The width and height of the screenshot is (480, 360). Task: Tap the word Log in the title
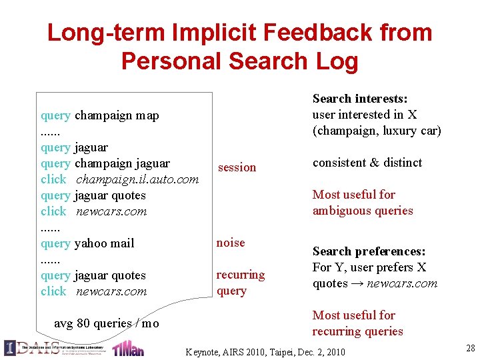pyautogui.click(x=336, y=61)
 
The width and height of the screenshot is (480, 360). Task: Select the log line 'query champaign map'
pyautogui.click(x=100, y=115)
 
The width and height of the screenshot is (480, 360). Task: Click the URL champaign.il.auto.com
pyautogui.click(x=137, y=179)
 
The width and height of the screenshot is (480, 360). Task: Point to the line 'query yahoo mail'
pyautogui.click(x=87, y=243)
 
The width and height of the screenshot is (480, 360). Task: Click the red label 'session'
pyautogui.click(x=237, y=167)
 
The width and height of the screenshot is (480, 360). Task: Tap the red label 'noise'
pyautogui.click(x=231, y=243)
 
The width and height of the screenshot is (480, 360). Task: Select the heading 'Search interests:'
pyautogui.click(x=360, y=99)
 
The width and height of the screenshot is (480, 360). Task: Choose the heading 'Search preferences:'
pyautogui.click(x=369, y=251)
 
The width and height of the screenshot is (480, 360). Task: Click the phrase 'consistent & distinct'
pyautogui.click(x=367, y=163)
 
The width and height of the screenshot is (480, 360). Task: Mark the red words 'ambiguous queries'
pyautogui.click(x=363, y=211)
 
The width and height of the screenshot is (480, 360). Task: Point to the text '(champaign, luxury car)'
pyautogui.click(x=377, y=131)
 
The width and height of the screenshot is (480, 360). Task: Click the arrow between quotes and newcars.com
pyautogui.click(x=357, y=283)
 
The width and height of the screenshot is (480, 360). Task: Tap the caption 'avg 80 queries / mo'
pyautogui.click(x=106, y=323)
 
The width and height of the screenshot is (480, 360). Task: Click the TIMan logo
pyautogui.click(x=128, y=348)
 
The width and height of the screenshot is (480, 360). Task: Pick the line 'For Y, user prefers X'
pyautogui.click(x=369, y=267)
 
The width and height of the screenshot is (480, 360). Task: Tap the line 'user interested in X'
pyautogui.click(x=365, y=115)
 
